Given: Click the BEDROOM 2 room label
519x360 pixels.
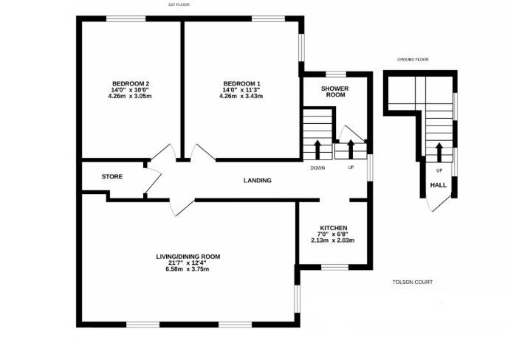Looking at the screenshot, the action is coord(131,83).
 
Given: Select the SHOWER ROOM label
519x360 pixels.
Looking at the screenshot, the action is coord(335,91).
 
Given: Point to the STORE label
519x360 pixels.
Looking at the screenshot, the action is coord(112,177).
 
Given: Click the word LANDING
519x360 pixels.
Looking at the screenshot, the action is coord(258,180).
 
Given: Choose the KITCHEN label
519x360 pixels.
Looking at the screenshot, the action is coord(333,228).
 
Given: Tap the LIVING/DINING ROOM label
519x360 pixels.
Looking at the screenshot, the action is coord(188,257).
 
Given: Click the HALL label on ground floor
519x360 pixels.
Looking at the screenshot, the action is coord(439,185).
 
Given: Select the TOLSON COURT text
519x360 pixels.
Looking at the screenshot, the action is coord(413,283).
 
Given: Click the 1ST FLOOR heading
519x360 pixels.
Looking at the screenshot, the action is coord(179,4).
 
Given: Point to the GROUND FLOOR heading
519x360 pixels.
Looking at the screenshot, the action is coord(413,60).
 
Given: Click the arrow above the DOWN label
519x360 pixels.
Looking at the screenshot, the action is coord(317,150).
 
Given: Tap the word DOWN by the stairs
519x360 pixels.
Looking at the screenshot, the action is coord(317,167).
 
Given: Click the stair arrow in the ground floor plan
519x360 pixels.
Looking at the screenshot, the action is coord(439,152).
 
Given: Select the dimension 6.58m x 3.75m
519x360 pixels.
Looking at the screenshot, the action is coord(188,269).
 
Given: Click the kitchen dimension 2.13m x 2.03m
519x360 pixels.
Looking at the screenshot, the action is coord(333,240).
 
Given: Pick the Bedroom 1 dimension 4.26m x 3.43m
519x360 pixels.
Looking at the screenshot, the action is coord(241,97).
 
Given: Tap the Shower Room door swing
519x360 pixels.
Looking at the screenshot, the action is coord(353,134).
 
